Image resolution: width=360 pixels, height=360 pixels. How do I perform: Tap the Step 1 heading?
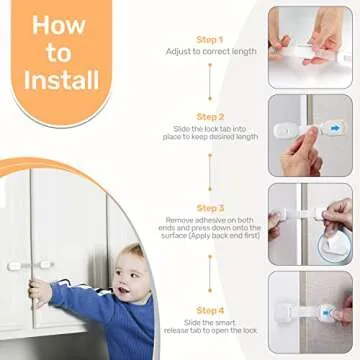pos(210,39)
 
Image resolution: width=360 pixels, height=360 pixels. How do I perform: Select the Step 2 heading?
pos(210,116)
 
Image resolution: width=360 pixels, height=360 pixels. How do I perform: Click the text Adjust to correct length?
pos(210,52)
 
